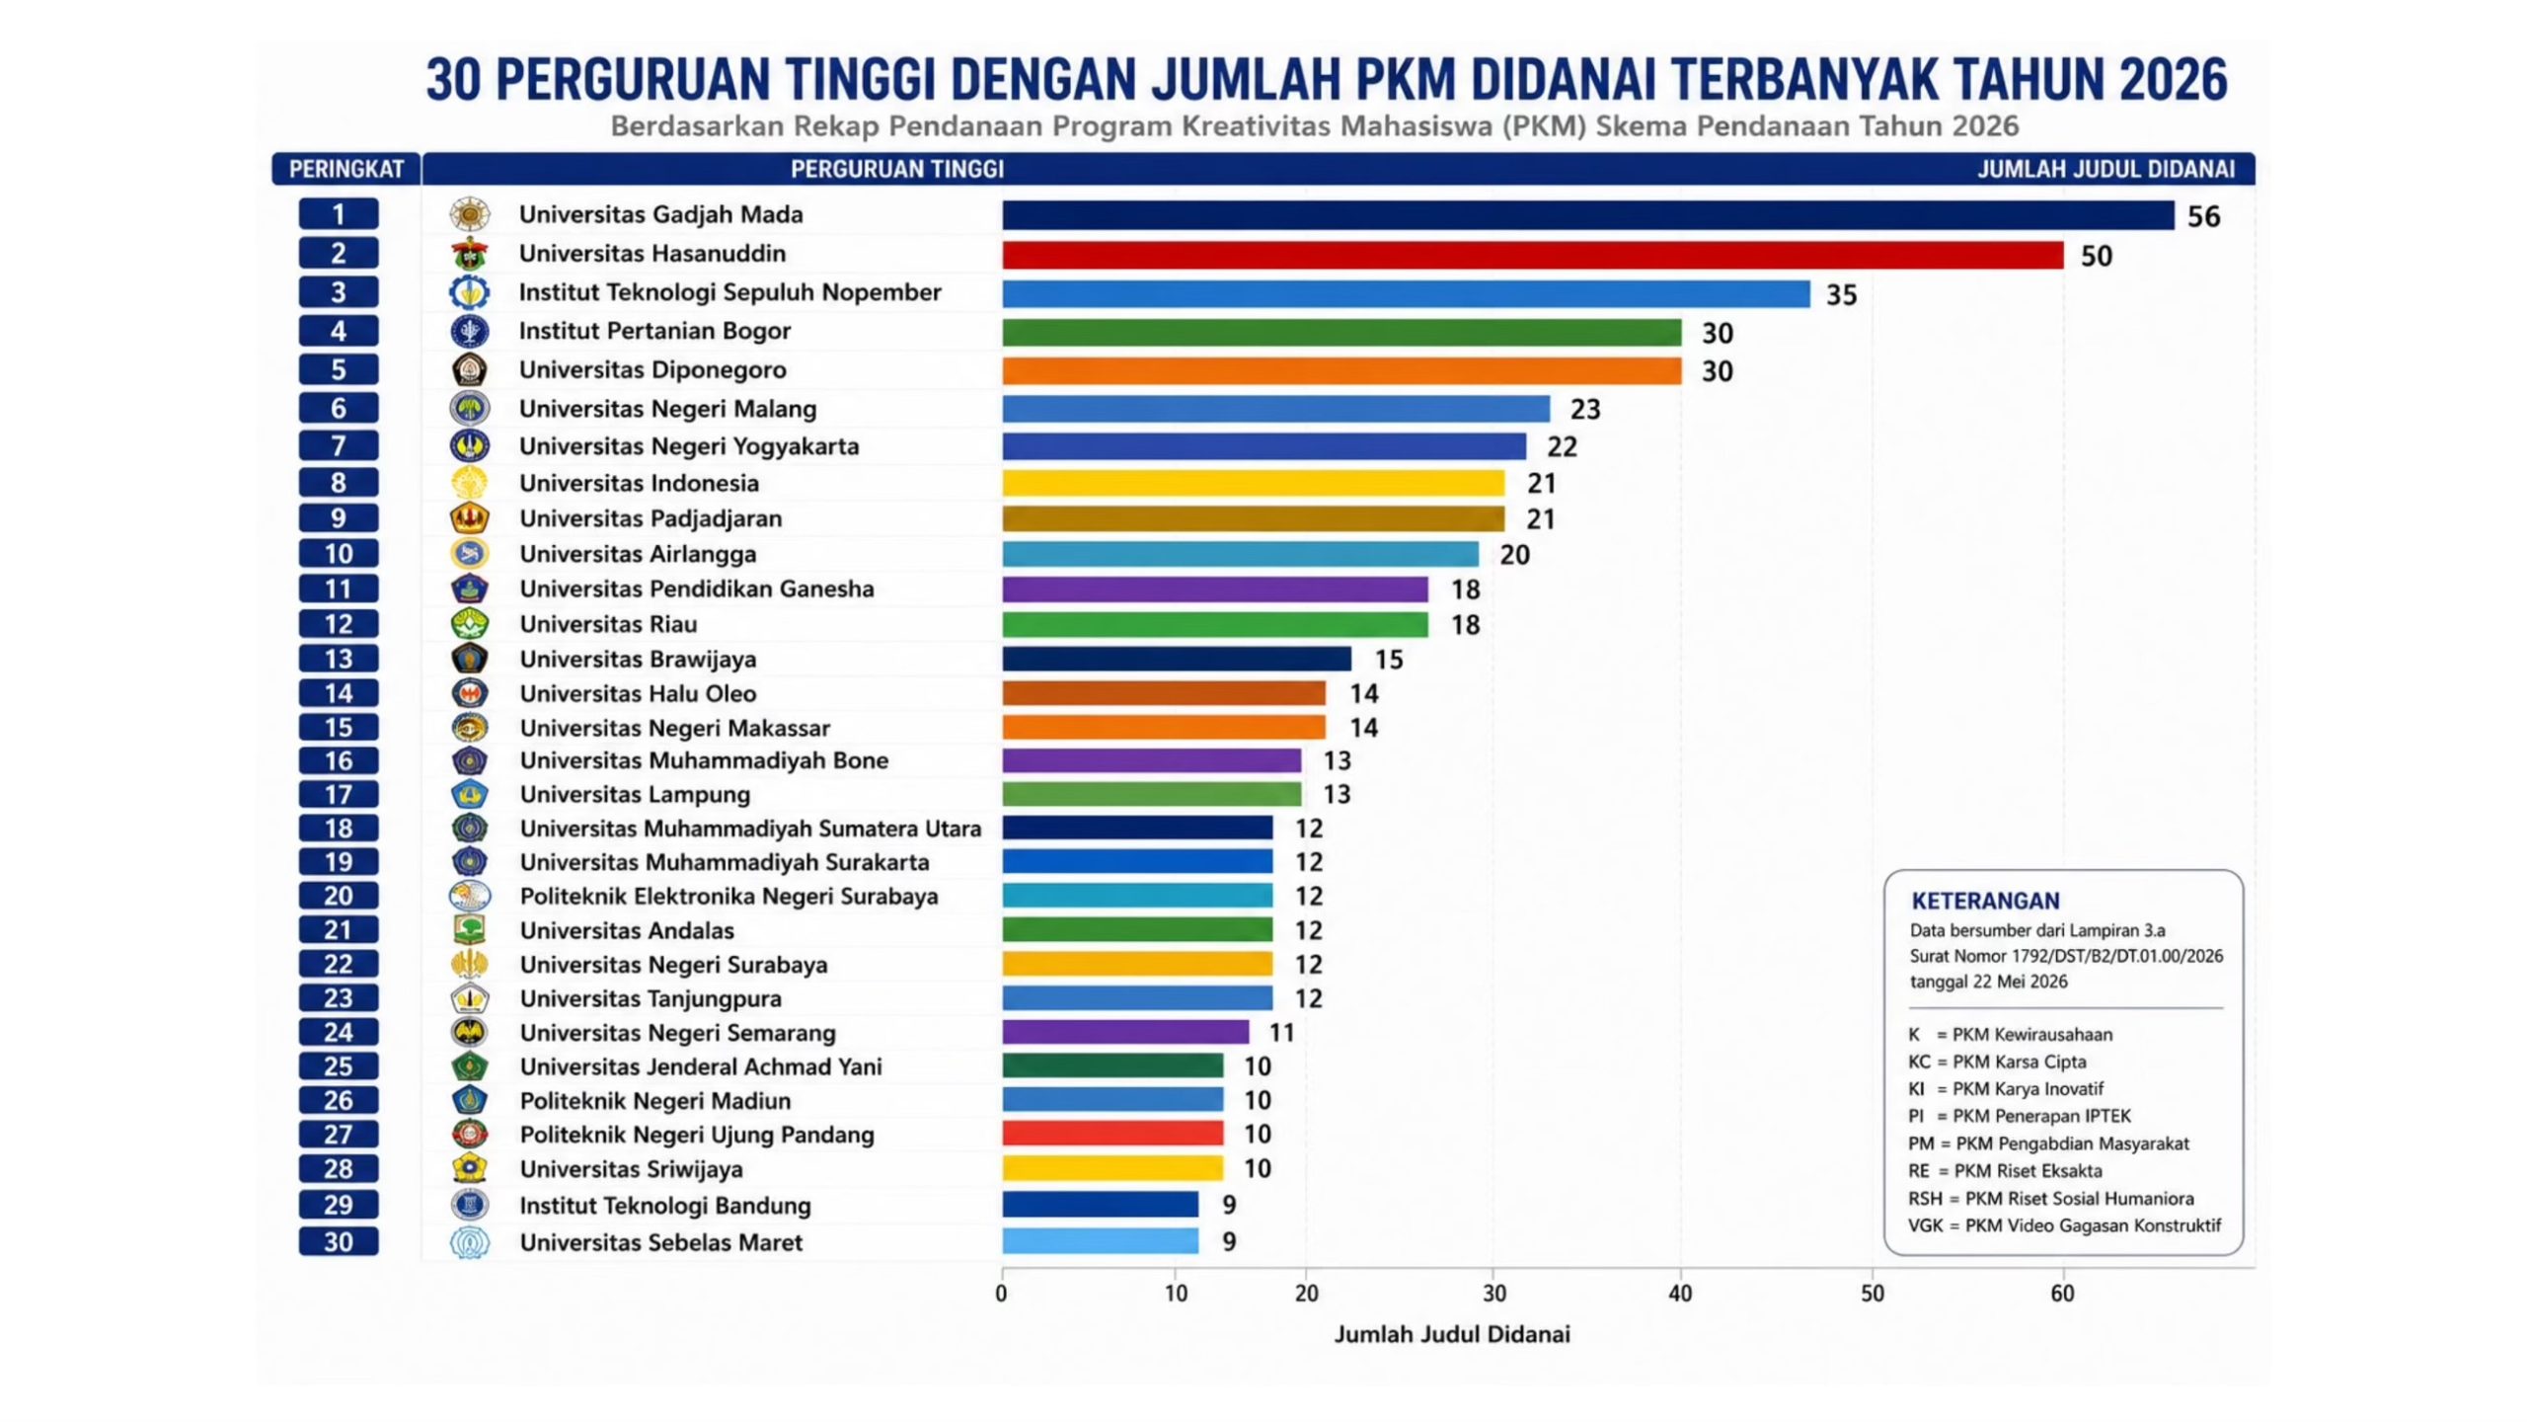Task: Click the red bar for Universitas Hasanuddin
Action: pyautogui.click(x=1532, y=255)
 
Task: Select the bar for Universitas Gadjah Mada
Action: pyautogui.click(x=1587, y=215)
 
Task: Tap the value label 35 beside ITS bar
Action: pyautogui.click(x=1841, y=295)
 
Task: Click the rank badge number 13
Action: pyautogui.click(x=339, y=659)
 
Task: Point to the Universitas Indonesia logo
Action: pyautogui.click(x=469, y=483)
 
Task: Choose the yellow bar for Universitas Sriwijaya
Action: pyautogui.click(x=1112, y=1168)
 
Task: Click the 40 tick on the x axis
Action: pyautogui.click(x=1680, y=1294)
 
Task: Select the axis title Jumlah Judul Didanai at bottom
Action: pyautogui.click(x=1452, y=1335)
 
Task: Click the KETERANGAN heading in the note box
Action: pyautogui.click(x=1985, y=901)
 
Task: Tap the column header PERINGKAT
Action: pyautogui.click(x=346, y=169)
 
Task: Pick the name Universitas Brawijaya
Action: pyautogui.click(x=638, y=659)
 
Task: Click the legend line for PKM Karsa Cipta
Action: pyautogui.click(x=1997, y=1062)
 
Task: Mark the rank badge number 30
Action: pyautogui.click(x=339, y=1241)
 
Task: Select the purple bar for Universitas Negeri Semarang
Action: pyautogui.click(x=1125, y=1032)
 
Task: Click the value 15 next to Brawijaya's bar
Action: pyautogui.click(x=1389, y=660)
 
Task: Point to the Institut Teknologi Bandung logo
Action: pyautogui.click(x=469, y=1205)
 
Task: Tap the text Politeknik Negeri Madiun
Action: pyautogui.click(x=655, y=1100)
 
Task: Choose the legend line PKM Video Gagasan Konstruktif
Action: pyautogui.click(x=2064, y=1225)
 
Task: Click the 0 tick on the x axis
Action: pyautogui.click(x=1002, y=1294)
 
